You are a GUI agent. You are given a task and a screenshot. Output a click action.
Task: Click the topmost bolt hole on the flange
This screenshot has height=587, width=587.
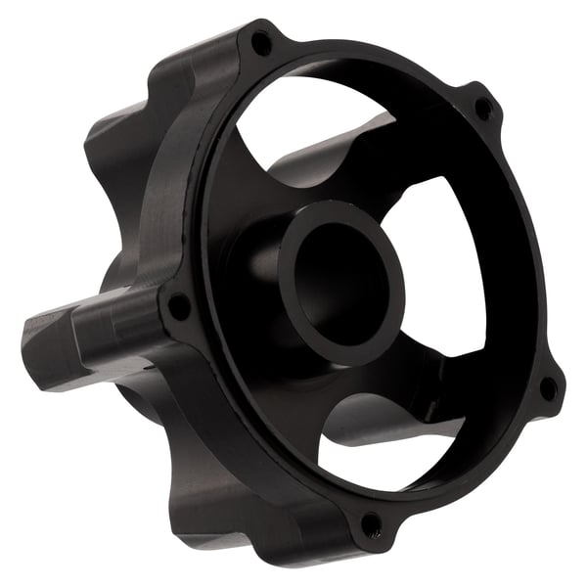261,42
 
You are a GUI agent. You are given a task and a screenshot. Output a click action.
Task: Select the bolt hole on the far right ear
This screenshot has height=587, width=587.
549,387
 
